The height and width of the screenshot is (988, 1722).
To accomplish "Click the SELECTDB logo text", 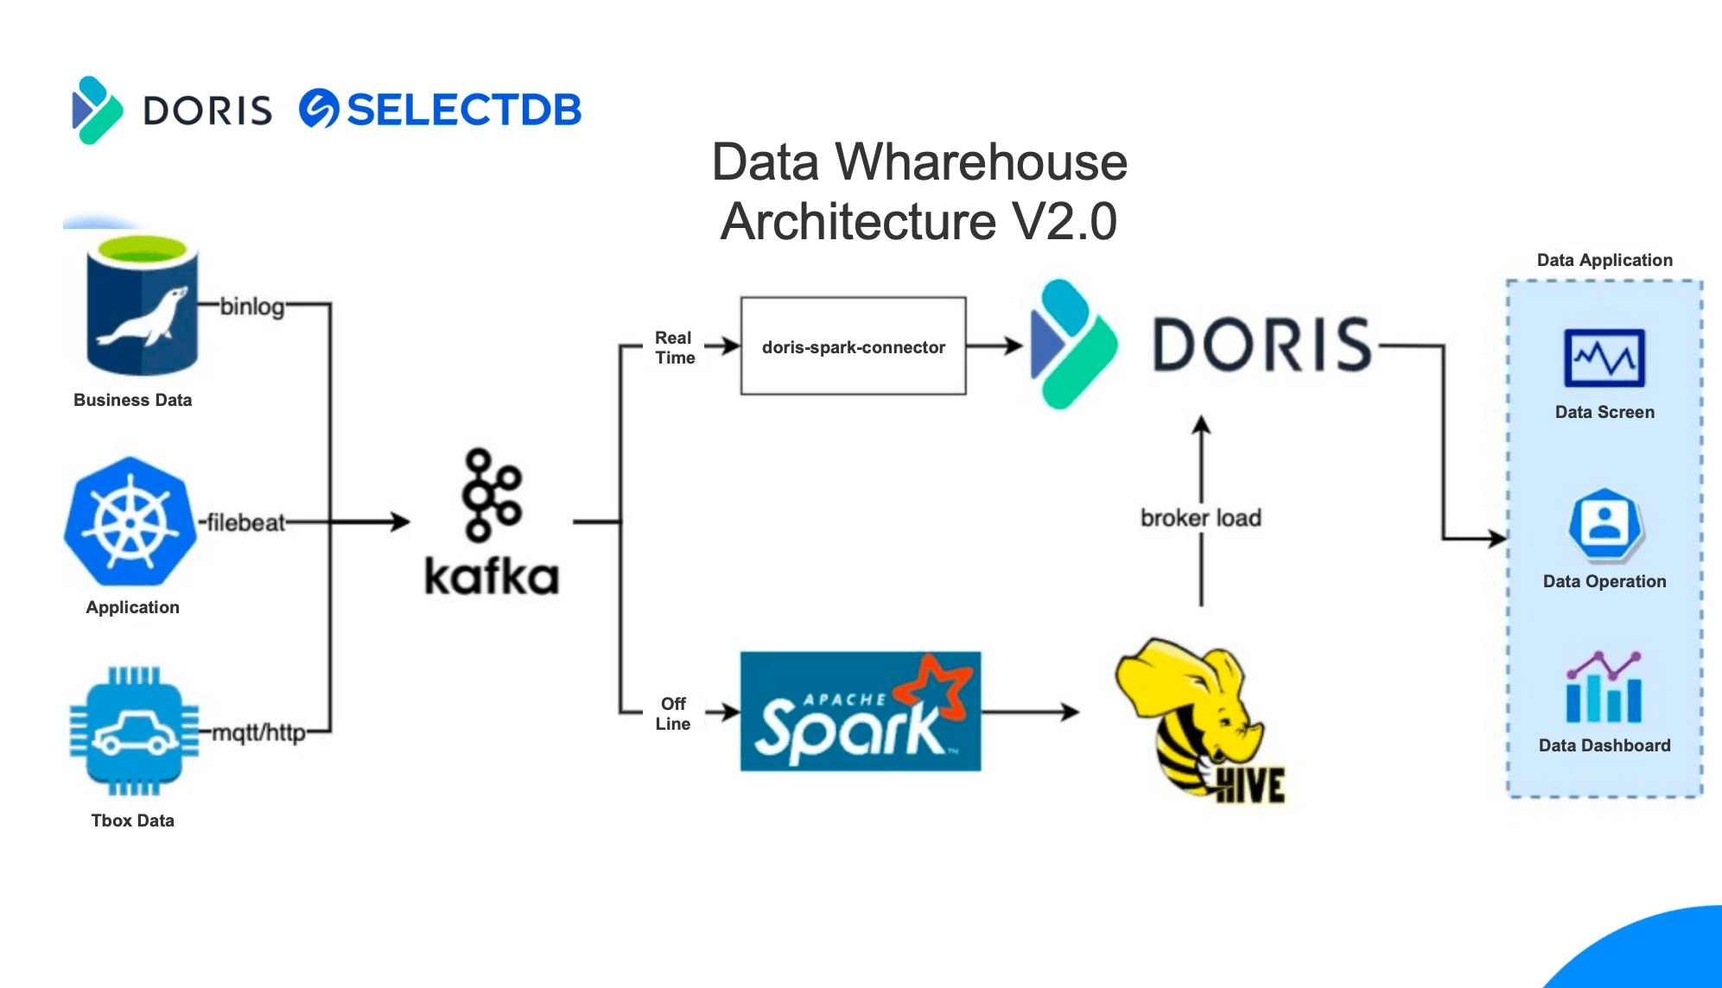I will click(x=463, y=110).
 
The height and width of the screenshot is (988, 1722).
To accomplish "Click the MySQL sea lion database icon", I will click(x=143, y=306).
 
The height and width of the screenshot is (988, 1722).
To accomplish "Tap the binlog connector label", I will click(x=251, y=307).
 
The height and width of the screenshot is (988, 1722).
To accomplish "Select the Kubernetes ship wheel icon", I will click(x=130, y=522).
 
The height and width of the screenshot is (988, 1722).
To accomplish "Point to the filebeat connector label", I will click(x=246, y=522).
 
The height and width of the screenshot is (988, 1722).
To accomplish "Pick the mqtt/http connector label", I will click(x=259, y=733).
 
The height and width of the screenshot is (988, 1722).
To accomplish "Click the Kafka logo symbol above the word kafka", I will click(x=492, y=494).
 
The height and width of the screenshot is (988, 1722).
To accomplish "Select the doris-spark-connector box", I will click(x=853, y=346).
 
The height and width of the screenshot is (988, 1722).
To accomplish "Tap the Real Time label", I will click(x=674, y=347).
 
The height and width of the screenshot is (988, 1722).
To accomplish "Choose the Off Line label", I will click(x=672, y=713).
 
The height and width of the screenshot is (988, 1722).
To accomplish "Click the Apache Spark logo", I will click(x=861, y=712).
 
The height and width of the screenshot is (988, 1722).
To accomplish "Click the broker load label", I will click(x=1201, y=517).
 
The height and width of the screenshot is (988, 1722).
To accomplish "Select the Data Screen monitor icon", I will click(x=1604, y=358).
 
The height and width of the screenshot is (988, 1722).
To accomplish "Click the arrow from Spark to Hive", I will click(x=1030, y=712).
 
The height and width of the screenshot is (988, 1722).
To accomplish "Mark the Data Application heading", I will click(x=1604, y=260).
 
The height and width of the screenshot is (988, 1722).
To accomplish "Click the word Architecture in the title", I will click(x=858, y=221).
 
